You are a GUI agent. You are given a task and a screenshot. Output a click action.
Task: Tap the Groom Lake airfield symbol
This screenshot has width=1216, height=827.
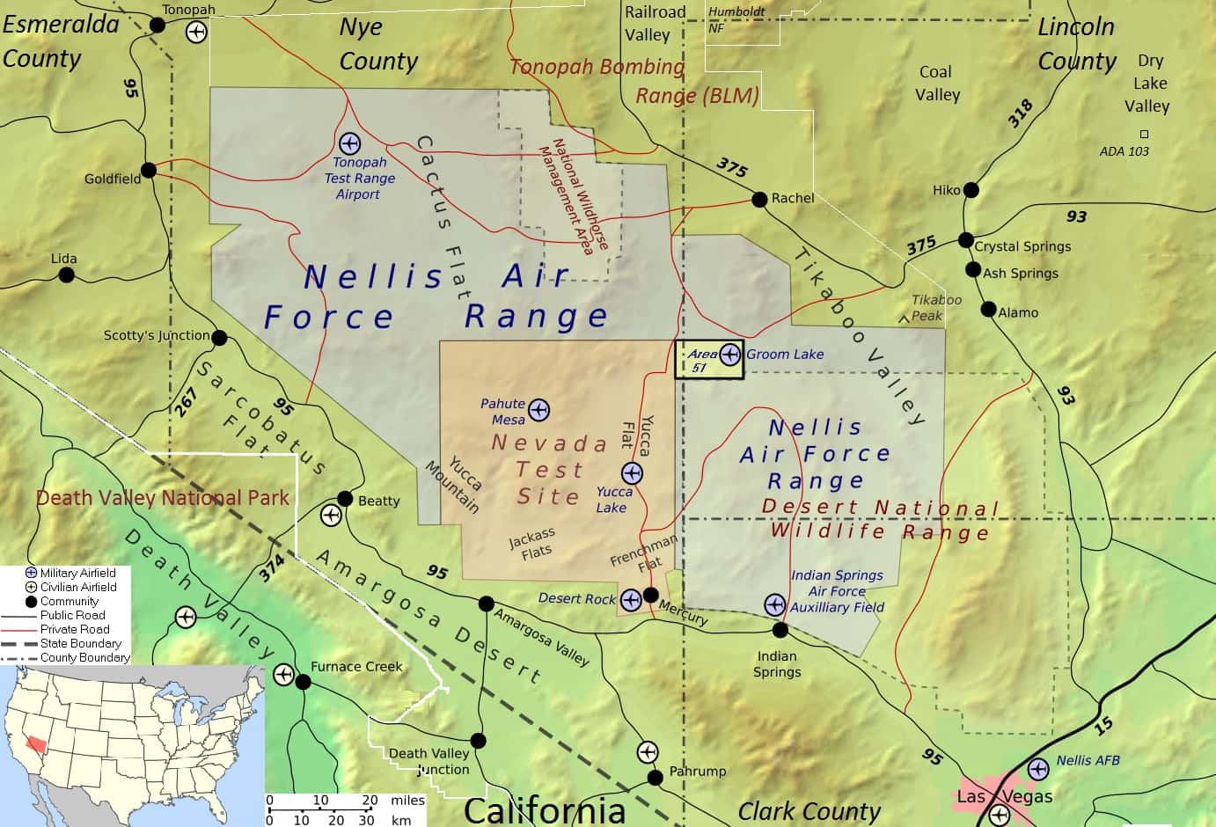coord(729,355)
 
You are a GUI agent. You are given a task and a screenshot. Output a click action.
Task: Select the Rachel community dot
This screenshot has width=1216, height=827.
coord(759,199)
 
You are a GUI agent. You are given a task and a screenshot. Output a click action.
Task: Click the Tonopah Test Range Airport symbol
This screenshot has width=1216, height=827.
coord(349,143)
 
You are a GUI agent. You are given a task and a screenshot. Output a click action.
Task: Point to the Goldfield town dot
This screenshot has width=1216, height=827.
coord(149,170)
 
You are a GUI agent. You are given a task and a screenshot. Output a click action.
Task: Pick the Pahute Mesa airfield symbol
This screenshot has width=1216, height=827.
coord(538,409)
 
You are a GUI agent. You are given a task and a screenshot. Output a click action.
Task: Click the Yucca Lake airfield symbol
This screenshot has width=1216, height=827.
coord(632,473)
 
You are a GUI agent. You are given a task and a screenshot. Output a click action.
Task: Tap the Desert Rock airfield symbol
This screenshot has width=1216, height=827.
coord(630,600)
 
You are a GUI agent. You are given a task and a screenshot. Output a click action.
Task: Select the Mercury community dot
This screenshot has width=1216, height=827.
coord(650,595)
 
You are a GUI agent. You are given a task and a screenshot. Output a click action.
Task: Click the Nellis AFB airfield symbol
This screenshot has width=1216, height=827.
coord(1038,768)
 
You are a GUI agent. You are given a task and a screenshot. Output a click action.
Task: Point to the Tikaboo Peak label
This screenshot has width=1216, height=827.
coord(936,308)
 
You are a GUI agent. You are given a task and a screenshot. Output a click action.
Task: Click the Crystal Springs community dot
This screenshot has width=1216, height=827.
coord(966,241)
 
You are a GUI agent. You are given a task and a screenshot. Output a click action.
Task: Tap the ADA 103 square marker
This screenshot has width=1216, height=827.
coord(1144,135)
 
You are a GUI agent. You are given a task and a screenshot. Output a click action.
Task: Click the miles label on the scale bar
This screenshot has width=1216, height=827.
coord(408,801)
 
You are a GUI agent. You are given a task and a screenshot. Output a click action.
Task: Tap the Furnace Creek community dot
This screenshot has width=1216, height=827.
coord(303,682)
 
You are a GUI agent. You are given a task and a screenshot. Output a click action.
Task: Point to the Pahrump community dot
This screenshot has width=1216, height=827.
coord(655,778)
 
